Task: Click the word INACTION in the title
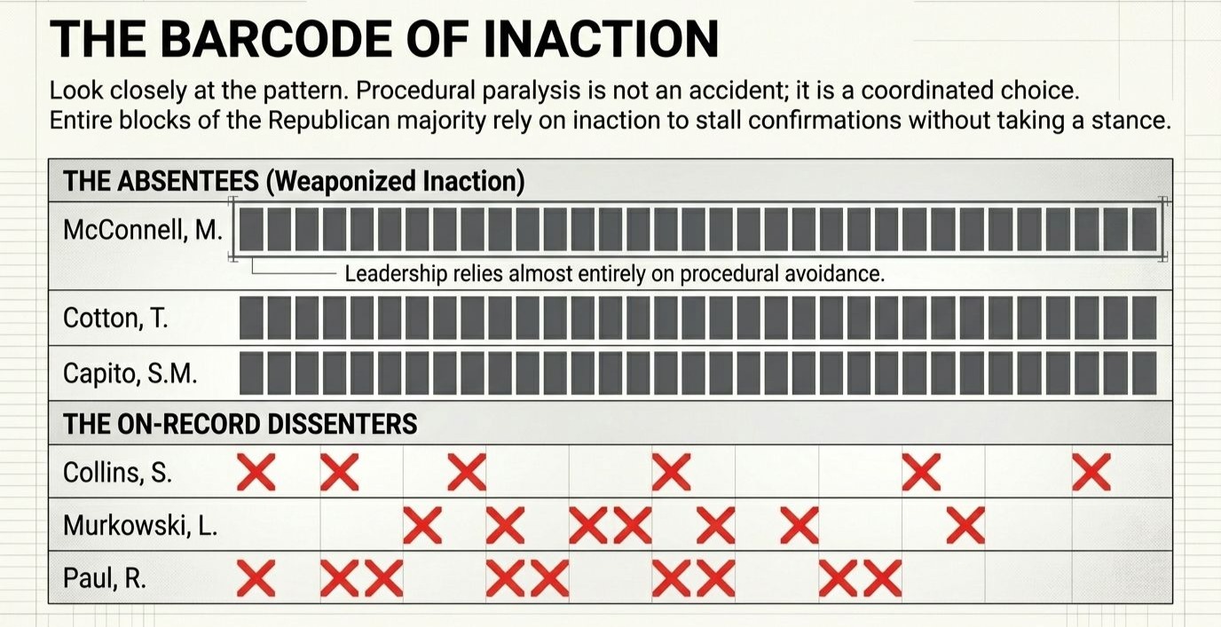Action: [601, 39]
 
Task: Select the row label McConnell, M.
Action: [143, 231]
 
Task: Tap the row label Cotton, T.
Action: [115, 317]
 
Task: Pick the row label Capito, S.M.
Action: [130, 373]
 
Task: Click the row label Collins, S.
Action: [117, 473]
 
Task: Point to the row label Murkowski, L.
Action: [140, 526]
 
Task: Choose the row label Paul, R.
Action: [105, 578]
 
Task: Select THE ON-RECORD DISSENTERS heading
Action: [240, 424]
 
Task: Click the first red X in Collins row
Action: [256, 472]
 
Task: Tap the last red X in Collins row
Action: [1091, 472]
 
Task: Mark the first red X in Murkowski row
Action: [422, 525]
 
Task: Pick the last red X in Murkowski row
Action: [965, 525]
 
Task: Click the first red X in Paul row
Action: [256, 577]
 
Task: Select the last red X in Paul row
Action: [882, 577]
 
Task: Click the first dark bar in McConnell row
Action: [251, 230]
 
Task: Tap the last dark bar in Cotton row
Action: [1144, 317]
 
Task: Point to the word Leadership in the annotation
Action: [397, 274]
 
